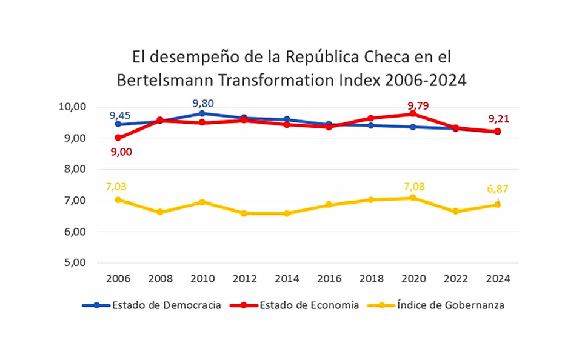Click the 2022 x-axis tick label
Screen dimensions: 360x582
[x=456, y=279]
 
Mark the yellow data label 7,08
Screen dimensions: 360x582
[x=416, y=185]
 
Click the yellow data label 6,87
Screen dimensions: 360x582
[x=497, y=189]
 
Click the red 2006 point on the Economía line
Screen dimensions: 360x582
[x=118, y=138]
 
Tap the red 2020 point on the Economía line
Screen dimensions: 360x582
[x=413, y=114]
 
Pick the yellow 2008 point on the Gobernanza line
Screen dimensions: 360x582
[x=160, y=212]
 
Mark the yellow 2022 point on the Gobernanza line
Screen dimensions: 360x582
[x=455, y=212]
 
